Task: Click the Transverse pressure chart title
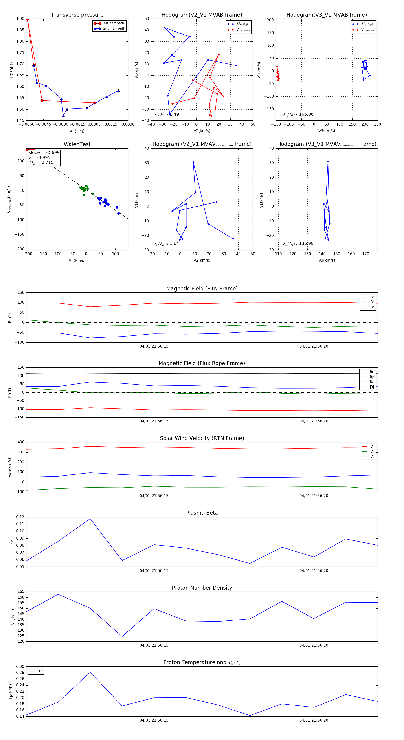77,15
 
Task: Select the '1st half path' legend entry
113,23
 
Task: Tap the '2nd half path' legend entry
114,28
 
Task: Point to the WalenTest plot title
77,144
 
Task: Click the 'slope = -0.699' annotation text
44,152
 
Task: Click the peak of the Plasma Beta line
90,518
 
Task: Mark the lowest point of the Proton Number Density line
122,636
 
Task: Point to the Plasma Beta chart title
202,513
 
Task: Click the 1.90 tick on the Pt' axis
20,19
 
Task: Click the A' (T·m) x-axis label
77,131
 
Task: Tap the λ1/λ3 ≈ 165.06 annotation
298,114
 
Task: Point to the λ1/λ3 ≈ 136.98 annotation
298,244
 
